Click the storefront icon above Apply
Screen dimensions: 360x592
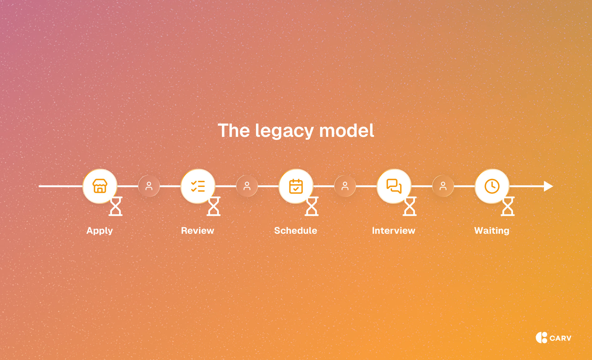click(100, 186)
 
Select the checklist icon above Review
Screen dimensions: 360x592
click(198, 186)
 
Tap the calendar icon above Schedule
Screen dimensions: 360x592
click(296, 186)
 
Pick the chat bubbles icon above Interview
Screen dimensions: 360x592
click(394, 186)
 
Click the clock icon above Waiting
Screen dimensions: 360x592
click(492, 186)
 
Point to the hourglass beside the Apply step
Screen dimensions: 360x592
click(116, 206)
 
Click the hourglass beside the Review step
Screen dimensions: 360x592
click(214, 206)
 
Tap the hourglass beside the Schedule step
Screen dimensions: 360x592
click(312, 206)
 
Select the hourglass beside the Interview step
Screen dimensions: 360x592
click(410, 206)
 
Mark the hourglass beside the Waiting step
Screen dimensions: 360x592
click(508, 206)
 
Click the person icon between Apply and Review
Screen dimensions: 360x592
click(149, 186)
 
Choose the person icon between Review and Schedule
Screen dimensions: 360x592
click(247, 186)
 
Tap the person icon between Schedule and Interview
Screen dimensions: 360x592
click(345, 186)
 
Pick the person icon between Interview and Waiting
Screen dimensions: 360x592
click(443, 186)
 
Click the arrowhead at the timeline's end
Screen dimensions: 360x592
click(548, 186)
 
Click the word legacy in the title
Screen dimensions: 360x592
click(284, 131)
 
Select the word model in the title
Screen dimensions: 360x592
click(347, 130)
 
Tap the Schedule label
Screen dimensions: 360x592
click(296, 231)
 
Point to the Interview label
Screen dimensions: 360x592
click(394, 231)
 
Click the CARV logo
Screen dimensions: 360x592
click(554, 337)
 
